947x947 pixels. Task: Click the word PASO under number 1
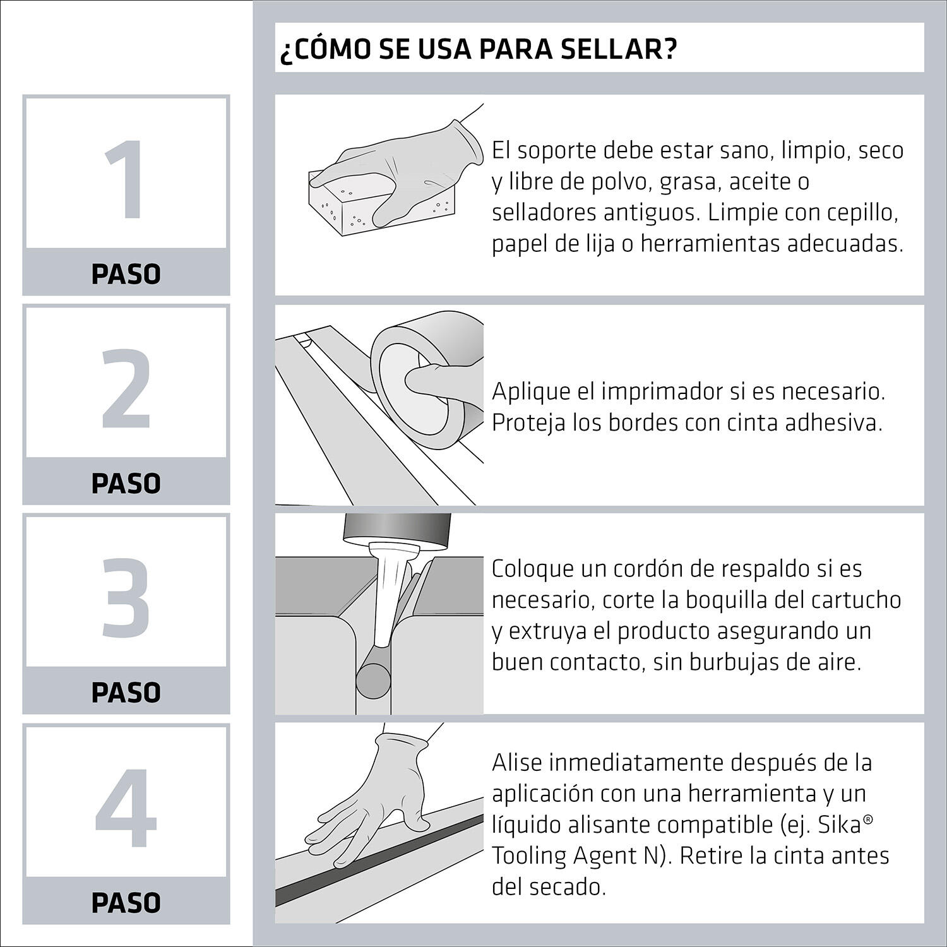coord(126,275)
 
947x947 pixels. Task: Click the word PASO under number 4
coord(126,903)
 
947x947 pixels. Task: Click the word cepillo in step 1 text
coord(859,213)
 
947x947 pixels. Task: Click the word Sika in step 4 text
coord(837,825)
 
